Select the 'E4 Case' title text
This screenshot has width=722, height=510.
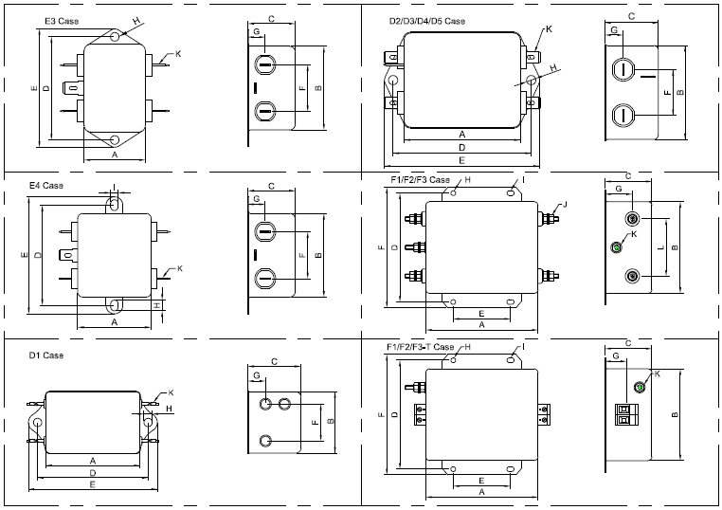45,186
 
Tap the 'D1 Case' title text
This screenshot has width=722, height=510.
45,355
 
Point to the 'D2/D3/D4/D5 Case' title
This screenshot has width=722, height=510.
426,21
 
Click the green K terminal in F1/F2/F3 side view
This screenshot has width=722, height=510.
616,248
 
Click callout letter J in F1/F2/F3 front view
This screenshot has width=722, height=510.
565,205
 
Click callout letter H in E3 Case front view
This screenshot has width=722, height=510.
135,21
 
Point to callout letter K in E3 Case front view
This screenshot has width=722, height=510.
178,54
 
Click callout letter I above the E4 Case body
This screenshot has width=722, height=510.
115,187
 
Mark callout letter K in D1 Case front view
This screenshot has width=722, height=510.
171,392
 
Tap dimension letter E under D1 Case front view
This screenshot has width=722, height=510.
92,484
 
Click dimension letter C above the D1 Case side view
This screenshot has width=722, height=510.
273,361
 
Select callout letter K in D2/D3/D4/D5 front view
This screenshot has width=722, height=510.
549,30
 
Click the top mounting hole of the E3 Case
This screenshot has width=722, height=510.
115,37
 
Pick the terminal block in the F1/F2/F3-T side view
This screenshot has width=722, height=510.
624,415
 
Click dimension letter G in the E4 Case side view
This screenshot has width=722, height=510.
256,198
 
